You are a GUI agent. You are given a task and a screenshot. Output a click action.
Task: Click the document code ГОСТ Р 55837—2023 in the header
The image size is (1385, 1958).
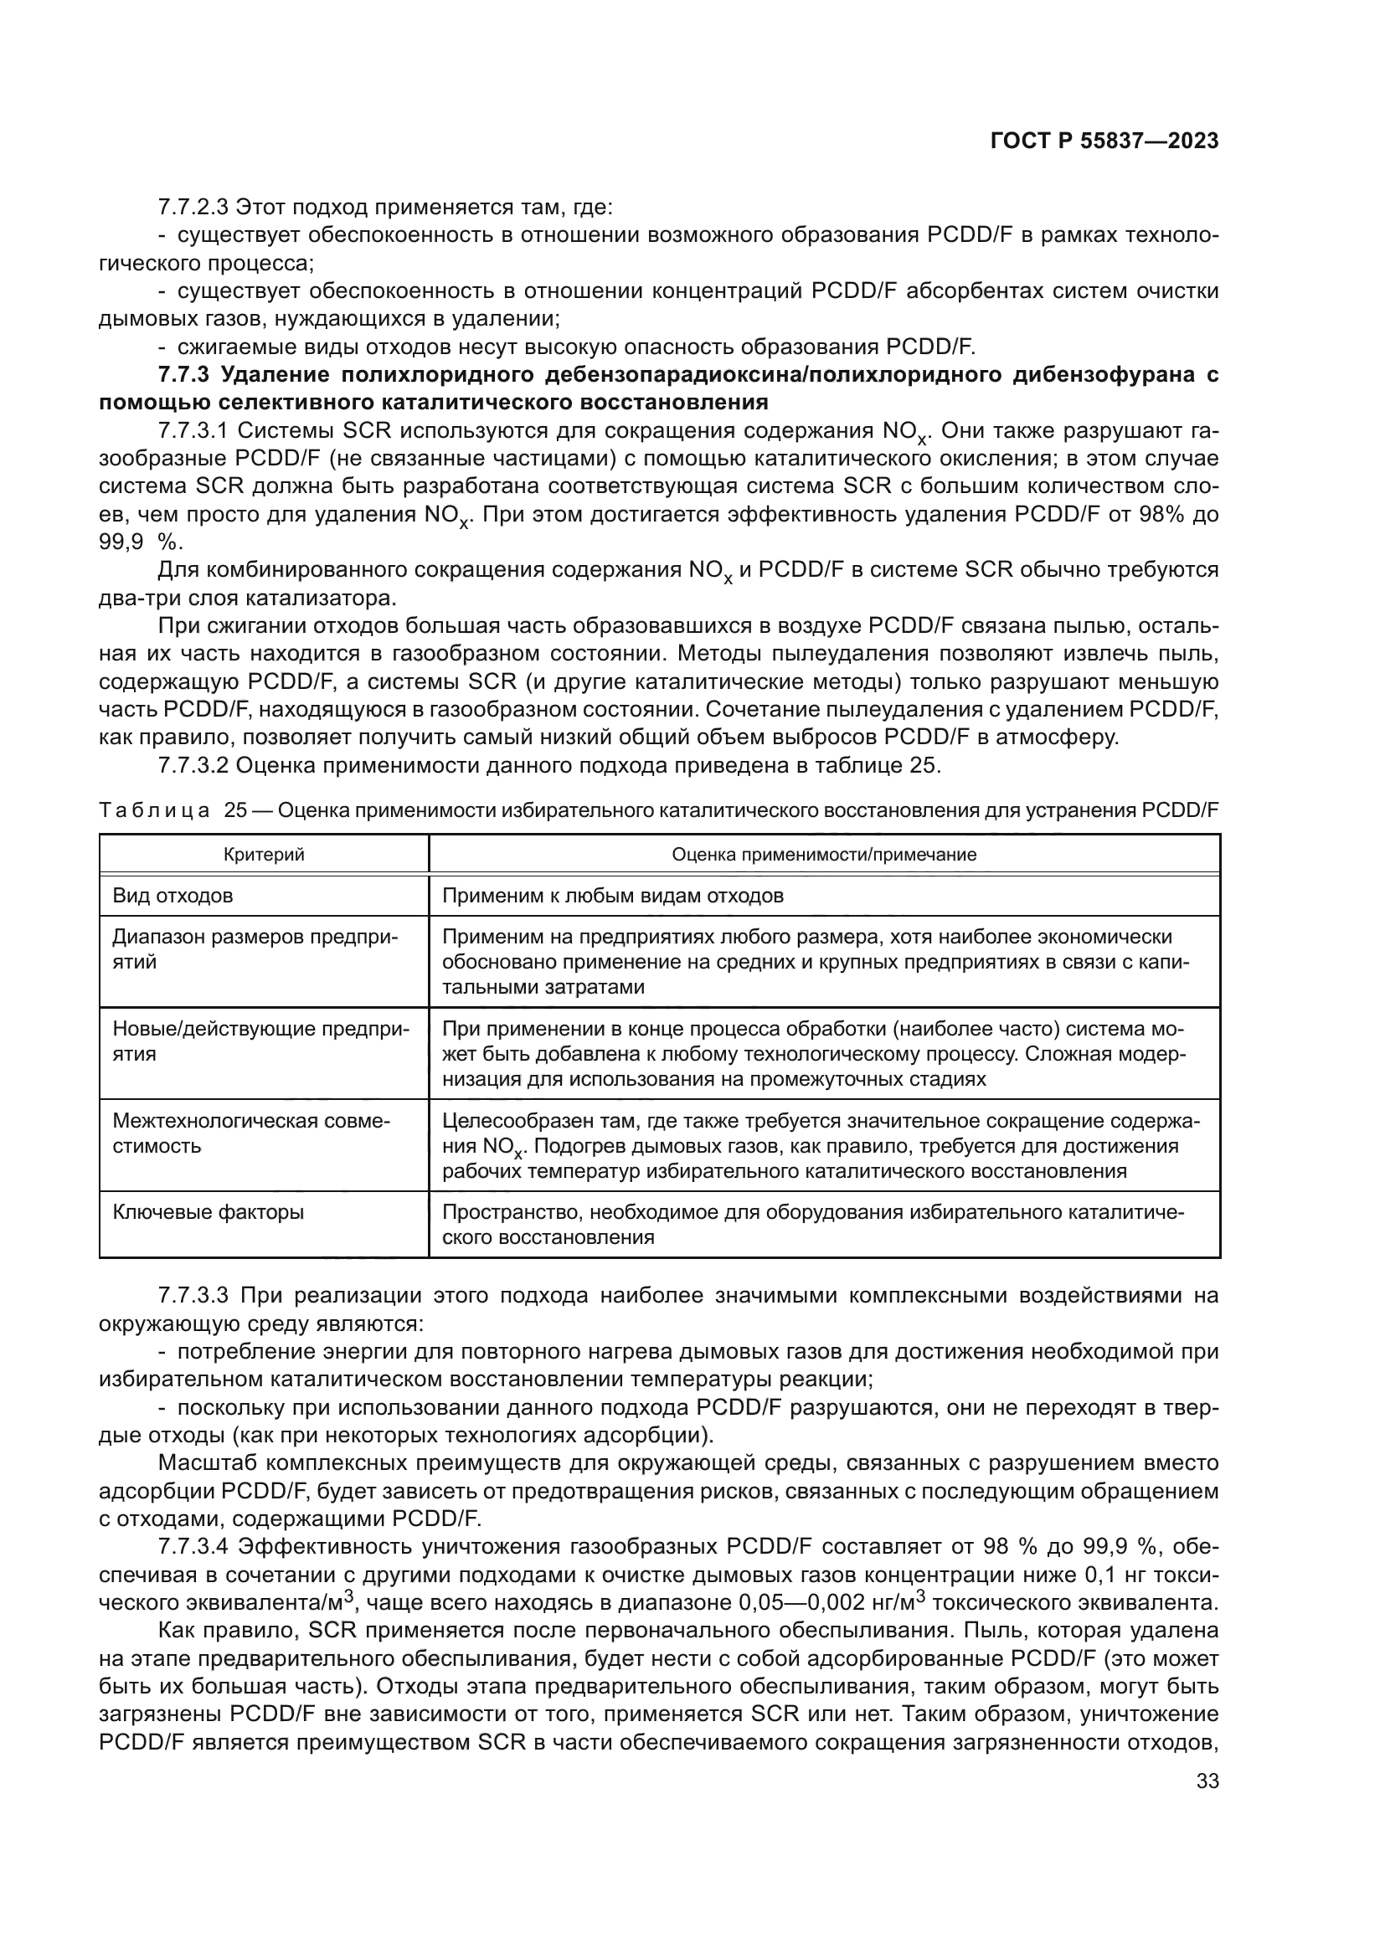[1104, 141]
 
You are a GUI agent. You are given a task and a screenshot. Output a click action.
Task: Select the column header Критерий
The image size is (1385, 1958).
[264, 855]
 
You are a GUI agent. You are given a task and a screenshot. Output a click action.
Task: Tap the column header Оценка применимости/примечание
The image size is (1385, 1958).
[824, 855]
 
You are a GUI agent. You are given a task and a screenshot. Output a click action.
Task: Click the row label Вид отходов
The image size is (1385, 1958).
[173, 896]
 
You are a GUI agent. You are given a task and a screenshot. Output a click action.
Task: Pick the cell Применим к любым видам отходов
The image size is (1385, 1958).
[612, 896]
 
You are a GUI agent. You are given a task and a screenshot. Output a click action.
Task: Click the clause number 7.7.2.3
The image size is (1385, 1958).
[193, 208]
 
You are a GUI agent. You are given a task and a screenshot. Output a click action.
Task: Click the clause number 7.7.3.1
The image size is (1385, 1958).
[193, 430]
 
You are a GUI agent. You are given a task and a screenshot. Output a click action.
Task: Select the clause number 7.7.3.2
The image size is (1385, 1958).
[193, 765]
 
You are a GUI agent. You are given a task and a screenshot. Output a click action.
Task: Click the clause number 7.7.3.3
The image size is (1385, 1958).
[193, 1295]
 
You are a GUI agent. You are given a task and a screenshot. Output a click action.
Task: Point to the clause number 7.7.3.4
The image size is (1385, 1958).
[193, 1546]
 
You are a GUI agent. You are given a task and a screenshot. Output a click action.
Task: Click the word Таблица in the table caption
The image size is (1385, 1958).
[154, 810]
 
